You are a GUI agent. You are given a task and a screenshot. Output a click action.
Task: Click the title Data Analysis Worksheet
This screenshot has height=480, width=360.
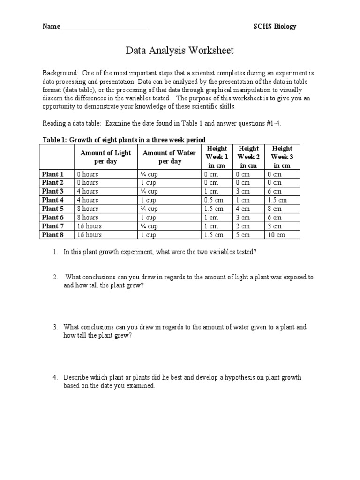click(180, 51)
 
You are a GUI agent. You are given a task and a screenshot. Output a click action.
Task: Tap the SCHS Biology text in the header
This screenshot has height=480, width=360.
click(275, 26)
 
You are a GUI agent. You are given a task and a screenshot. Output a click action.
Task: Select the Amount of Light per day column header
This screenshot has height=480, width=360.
click(105, 157)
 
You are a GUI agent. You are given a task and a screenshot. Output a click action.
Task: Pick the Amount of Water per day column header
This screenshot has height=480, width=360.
click(169, 157)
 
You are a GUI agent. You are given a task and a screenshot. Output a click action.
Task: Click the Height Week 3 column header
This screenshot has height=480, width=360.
click(282, 157)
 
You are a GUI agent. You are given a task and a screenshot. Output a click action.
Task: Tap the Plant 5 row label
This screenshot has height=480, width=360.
click(53, 209)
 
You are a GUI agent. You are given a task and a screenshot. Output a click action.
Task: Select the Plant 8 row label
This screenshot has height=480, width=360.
click(53, 235)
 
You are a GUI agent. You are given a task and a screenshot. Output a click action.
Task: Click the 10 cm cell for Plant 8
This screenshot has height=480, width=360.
click(277, 235)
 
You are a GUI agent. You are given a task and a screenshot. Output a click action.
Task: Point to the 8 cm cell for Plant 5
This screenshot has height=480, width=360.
click(275, 209)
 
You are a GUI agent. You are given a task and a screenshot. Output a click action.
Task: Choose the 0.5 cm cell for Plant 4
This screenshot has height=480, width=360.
click(213, 200)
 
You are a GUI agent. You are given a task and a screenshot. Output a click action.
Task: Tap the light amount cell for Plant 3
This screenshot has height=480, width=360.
click(88, 191)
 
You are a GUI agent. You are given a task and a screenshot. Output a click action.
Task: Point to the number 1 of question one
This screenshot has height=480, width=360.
click(55, 252)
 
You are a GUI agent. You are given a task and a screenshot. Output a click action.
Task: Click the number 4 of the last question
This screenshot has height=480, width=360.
click(55, 377)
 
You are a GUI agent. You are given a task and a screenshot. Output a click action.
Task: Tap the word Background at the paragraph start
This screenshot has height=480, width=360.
click(60, 74)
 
